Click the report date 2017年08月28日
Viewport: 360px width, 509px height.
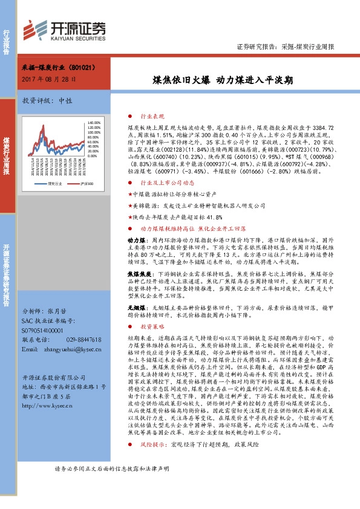pos(49,79)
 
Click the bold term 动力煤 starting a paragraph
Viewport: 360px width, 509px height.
pos(134,240)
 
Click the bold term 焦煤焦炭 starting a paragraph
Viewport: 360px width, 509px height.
pos(137,273)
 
